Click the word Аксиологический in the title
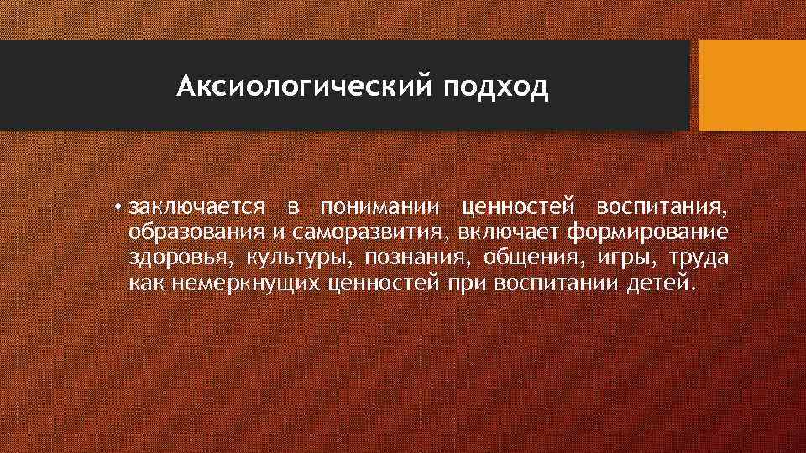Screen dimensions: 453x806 tap(302, 86)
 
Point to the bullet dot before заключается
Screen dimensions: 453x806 tap(123, 206)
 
